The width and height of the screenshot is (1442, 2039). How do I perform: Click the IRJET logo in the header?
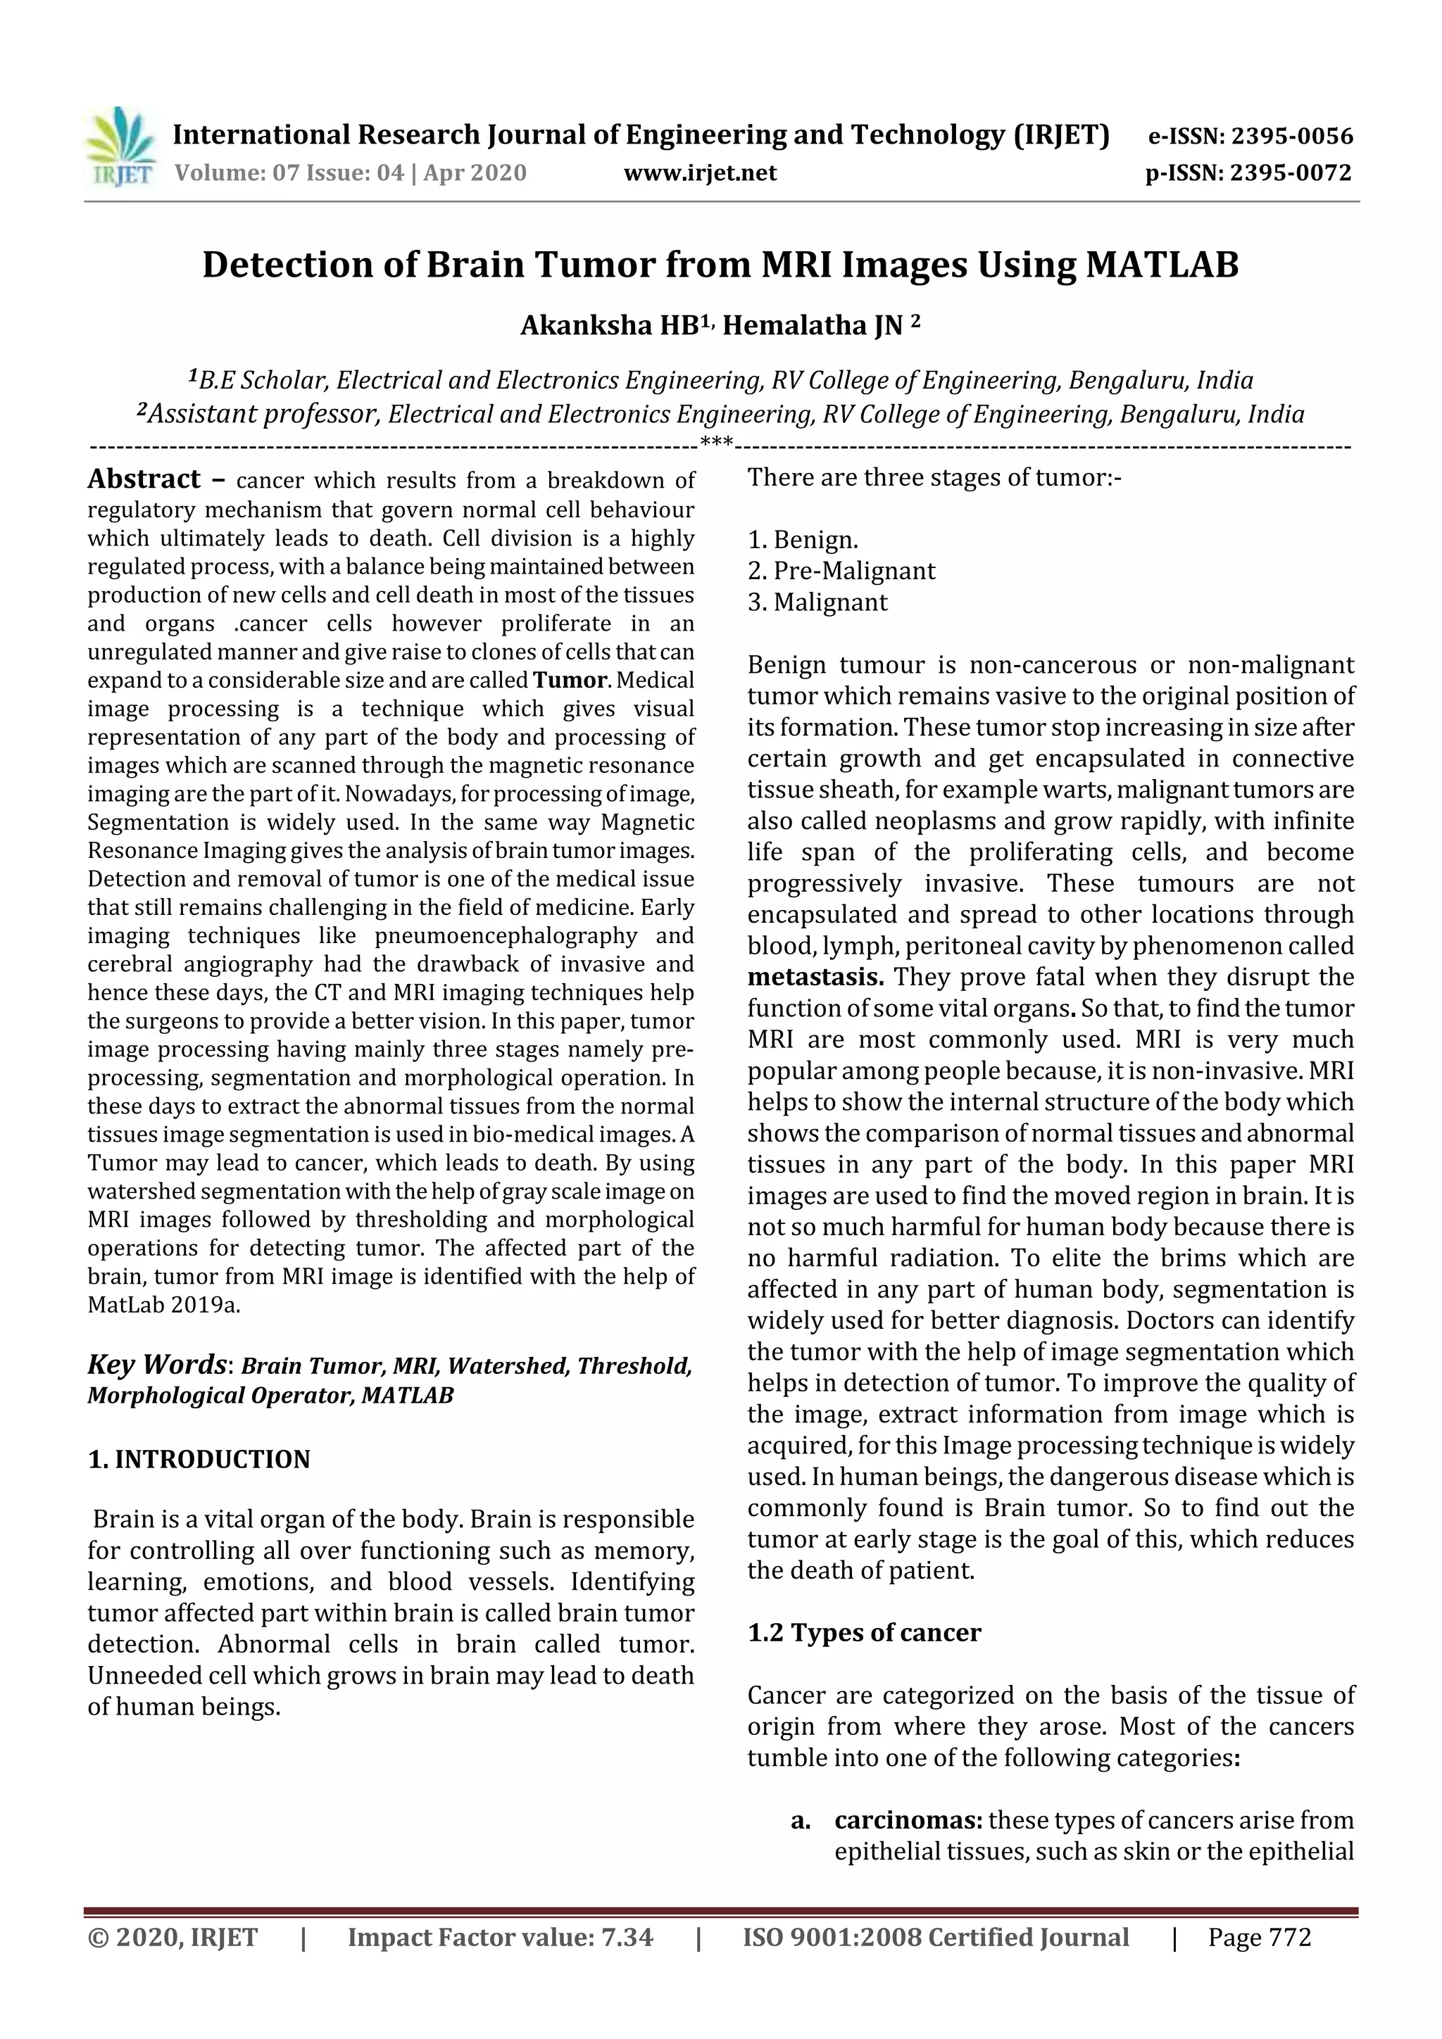(x=120, y=147)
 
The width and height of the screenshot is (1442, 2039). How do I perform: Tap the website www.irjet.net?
(x=699, y=172)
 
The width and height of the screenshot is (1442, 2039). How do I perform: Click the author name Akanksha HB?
(x=610, y=326)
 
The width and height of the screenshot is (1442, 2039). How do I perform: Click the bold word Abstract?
(x=144, y=479)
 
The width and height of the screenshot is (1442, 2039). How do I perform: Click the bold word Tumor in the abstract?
(x=570, y=681)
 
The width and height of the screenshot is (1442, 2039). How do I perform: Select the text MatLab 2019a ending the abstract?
(x=163, y=1305)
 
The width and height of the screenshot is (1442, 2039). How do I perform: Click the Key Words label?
(x=156, y=1364)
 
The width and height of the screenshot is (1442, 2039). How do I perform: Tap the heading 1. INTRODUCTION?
(x=199, y=1459)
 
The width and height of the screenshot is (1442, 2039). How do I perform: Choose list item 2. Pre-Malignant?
(x=841, y=570)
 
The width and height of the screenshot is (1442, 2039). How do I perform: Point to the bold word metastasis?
(x=815, y=977)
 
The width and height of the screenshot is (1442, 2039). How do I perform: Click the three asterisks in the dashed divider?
(x=716, y=441)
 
